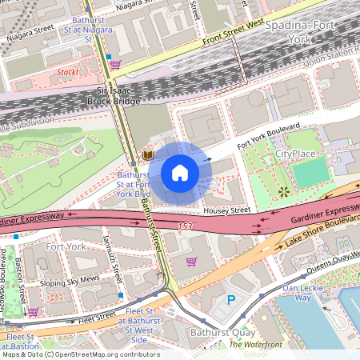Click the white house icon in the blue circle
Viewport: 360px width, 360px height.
(x=180, y=173)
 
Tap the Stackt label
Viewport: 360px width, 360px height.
(x=68, y=71)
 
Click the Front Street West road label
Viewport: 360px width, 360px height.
(x=234, y=31)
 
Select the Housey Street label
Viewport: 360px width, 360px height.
(x=226, y=210)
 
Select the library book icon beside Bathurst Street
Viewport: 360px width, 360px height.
(x=147, y=154)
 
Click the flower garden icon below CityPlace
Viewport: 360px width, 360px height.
(x=284, y=190)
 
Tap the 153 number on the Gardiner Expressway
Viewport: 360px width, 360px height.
(x=186, y=226)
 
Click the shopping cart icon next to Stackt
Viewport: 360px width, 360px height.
(x=115, y=65)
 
